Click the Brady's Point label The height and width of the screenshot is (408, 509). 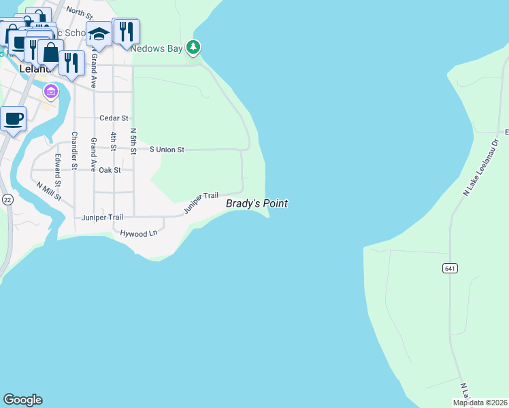click(x=257, y=203)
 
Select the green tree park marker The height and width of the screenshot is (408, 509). click(x=194, y=47)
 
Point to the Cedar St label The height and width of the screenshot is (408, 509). click(x=114, y=118)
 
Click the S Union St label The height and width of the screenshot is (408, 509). click(x=167, y=150)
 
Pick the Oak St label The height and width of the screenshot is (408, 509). click(x=110, y=170)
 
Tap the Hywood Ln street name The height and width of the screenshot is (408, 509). click(x=139, y=233)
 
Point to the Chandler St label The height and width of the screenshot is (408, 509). click(x=74, y=150)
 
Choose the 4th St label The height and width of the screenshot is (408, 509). click(x=113, y=146)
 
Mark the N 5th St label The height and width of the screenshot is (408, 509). click(x=133, y=142)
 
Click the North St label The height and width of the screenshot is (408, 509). click(x=80, y=12)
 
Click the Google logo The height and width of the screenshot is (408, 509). click(x=22, y=400)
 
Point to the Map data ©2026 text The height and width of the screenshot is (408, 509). click(x=480, y=403)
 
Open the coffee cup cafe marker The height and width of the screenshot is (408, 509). click(x=13, y=119)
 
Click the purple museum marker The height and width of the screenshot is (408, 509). click(x=50, y=90)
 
